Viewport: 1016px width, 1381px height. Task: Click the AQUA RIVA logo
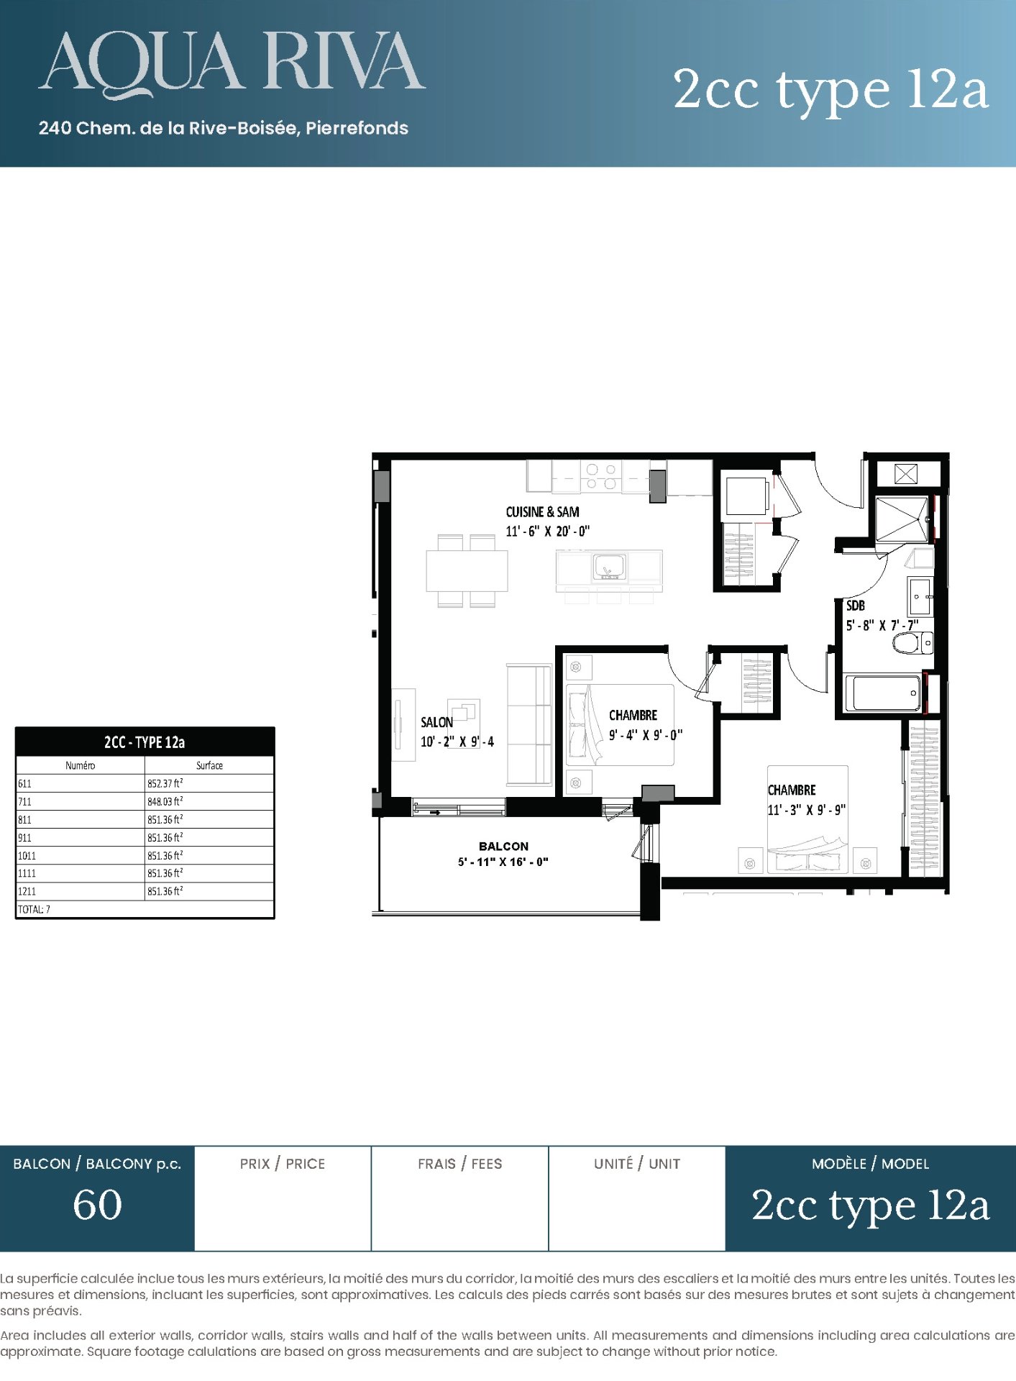pos(232,63)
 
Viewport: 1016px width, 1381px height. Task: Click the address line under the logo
pos(224,128)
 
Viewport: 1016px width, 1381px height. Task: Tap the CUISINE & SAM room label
pos(542,511)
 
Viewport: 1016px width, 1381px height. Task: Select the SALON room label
pos(436,722)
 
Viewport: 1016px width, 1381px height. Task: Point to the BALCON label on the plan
pos(503,846)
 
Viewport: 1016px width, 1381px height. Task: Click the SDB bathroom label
pos(855,606)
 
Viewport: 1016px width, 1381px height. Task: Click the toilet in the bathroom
pos(912,642)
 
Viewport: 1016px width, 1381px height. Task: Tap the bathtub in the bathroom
pos(882,693)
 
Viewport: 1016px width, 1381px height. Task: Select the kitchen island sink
pos(609,567)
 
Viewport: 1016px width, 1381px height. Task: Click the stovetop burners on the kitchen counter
pos(601,476)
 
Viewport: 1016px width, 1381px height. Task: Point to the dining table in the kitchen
pos(467,570)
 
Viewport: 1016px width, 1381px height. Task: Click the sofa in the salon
pos(528,724)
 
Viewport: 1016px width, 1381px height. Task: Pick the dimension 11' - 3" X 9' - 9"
pos(806,810)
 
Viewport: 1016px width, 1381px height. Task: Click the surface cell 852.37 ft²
pos(165,783)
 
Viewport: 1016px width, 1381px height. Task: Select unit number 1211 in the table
pos(27,891)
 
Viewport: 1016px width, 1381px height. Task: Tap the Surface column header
pos(209,765)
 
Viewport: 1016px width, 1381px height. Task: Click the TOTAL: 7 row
pos(34,909)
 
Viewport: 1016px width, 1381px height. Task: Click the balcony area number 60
pos(97,1205)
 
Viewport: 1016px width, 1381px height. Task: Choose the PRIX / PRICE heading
pos(283,1164)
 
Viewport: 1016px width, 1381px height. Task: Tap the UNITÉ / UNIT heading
pos(637,1164)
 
